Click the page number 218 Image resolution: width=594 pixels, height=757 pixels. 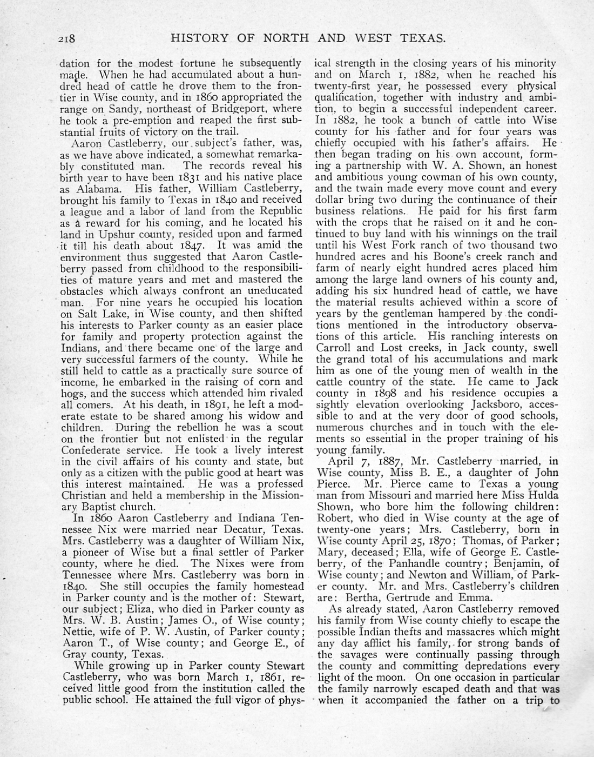pyautogui.click(x=70, y=38)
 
